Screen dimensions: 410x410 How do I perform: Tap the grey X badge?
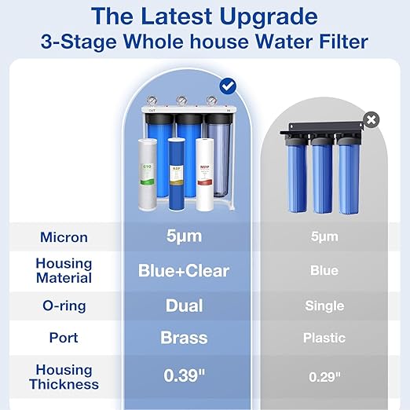(x=372, y=119)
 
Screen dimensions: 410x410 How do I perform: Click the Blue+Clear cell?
(x=184, y=271)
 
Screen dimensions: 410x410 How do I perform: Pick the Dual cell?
(x=184, y=305)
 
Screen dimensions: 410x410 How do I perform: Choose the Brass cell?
(x=184, y=339)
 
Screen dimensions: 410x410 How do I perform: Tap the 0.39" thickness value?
(x=184, y=375)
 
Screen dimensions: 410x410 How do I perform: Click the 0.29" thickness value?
(x=324, y=376)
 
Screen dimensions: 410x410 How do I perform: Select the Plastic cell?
(x=324, y=339)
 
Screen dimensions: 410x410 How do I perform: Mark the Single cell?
(x=324, y=306)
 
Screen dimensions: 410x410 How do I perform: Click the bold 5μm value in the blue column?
(x=184, y=236)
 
